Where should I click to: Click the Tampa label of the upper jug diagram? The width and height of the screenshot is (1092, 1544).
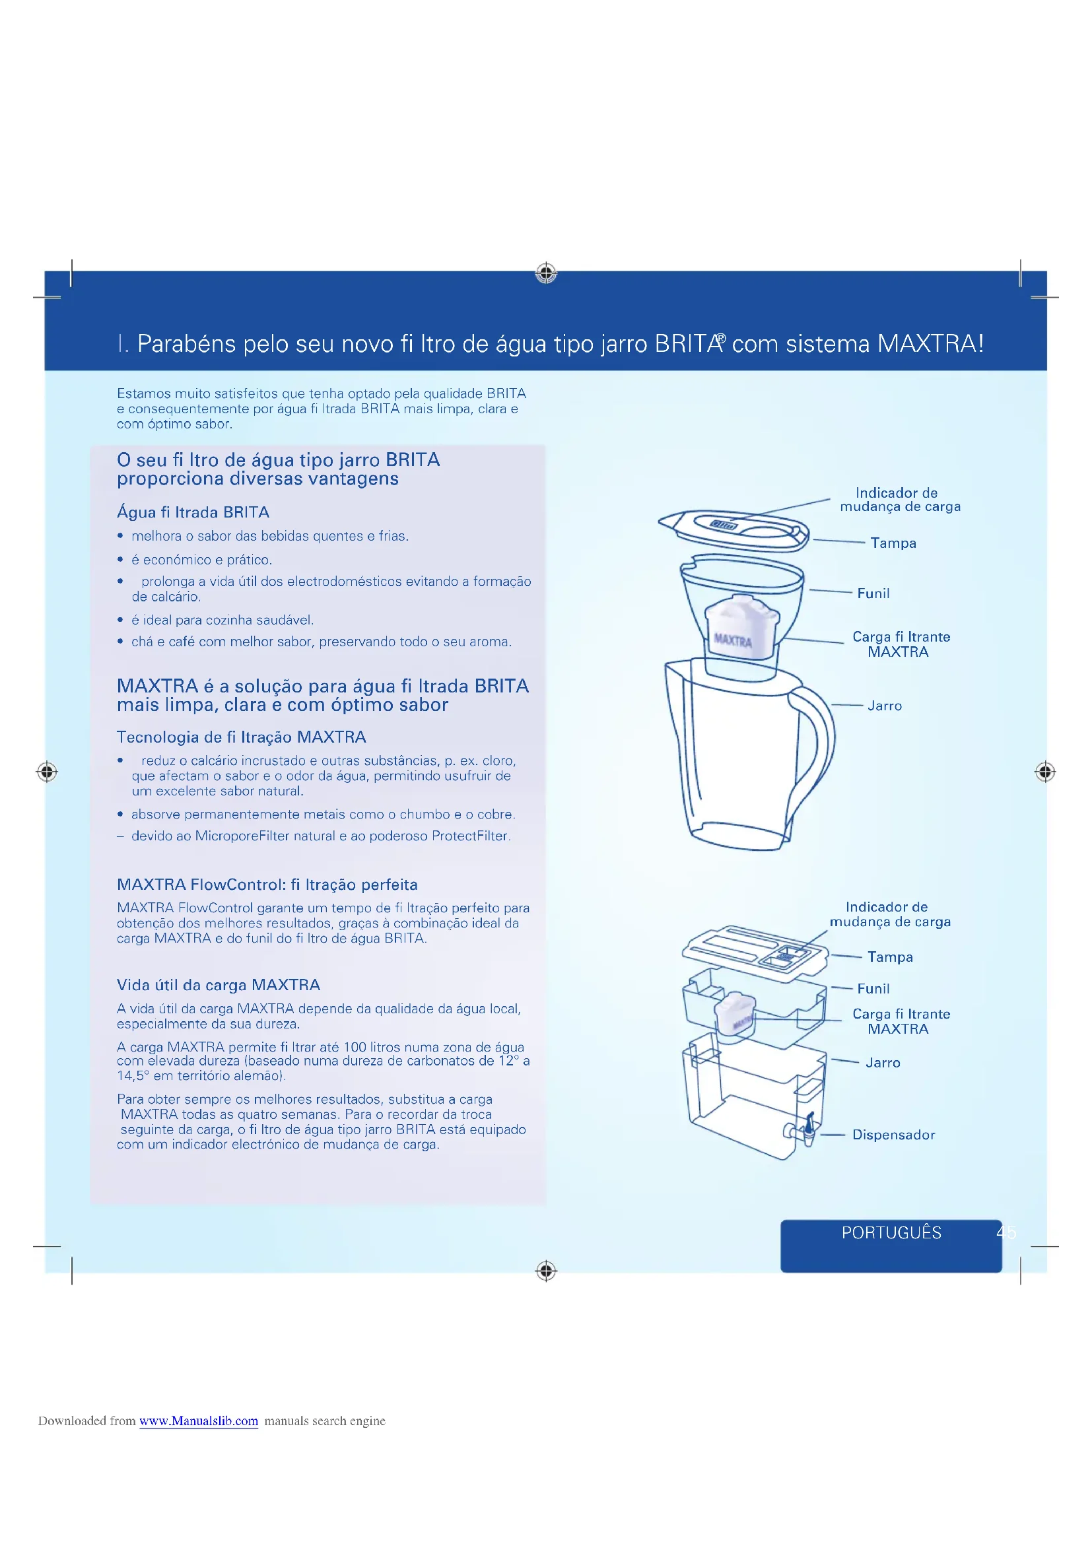(893, 543)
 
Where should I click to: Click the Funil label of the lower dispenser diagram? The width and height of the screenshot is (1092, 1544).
(873, 989)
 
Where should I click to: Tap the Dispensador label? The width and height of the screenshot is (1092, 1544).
(893, 1135)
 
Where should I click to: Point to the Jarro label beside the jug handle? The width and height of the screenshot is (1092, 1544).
(884, 706)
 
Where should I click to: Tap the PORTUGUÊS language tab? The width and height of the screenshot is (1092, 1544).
(891, 1232)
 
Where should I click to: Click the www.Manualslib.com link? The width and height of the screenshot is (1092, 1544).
(198, 1421)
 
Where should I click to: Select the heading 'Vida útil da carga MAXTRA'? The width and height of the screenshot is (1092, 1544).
(219, 985)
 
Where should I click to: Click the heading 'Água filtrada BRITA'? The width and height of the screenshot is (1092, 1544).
(193, 512)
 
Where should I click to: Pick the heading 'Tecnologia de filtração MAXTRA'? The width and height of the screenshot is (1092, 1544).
(242, 737)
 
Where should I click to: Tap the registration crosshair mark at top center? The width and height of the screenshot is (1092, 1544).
(546, 273)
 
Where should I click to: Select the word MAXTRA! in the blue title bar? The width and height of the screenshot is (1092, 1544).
(930, 344)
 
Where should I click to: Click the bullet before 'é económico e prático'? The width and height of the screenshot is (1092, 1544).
(120, 560)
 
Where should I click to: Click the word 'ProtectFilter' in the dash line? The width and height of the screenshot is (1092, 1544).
(469, 836)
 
